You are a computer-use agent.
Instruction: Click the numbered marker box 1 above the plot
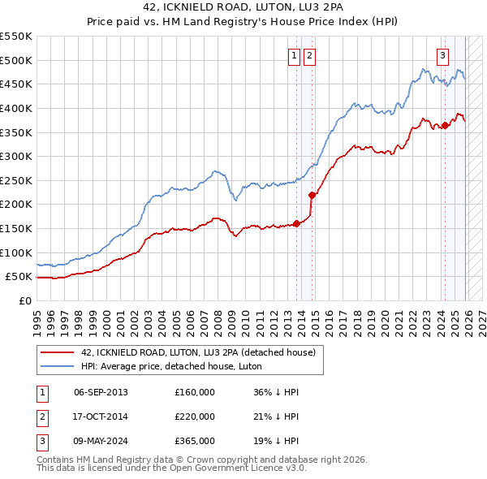point(293,55)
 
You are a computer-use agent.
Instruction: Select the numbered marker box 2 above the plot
point(310,55)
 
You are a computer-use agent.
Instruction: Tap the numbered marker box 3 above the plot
point(443,55)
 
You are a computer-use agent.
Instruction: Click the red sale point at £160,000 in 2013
point(296,223)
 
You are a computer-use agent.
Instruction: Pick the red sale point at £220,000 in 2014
point(312,195)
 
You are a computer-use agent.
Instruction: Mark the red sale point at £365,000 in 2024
point(445,125)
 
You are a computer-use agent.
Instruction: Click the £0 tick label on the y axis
point(24,300)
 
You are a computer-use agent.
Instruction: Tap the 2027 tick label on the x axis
point(481,316)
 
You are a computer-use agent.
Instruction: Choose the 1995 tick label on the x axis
point(37,316)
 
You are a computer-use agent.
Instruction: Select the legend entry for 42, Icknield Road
point(203,352)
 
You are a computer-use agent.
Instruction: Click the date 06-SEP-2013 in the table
point(101,392)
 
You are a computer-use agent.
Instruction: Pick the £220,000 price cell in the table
point(195,416)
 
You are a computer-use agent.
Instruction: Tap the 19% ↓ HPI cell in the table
point(276,441)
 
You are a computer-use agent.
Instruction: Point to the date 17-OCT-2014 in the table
point(101,416)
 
